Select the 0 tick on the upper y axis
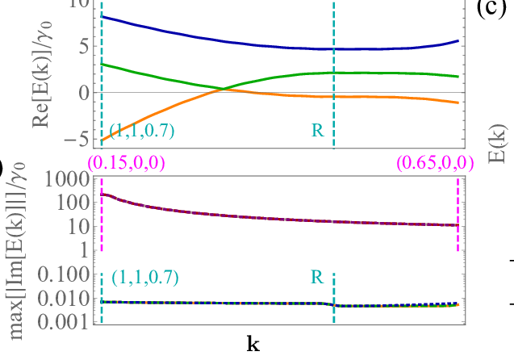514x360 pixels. click(79, 93)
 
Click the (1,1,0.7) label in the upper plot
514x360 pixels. click(141, 130)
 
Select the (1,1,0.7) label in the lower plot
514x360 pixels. click(145, 278)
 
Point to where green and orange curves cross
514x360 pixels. click(223, 89)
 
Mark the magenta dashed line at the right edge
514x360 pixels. click(458, 214)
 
